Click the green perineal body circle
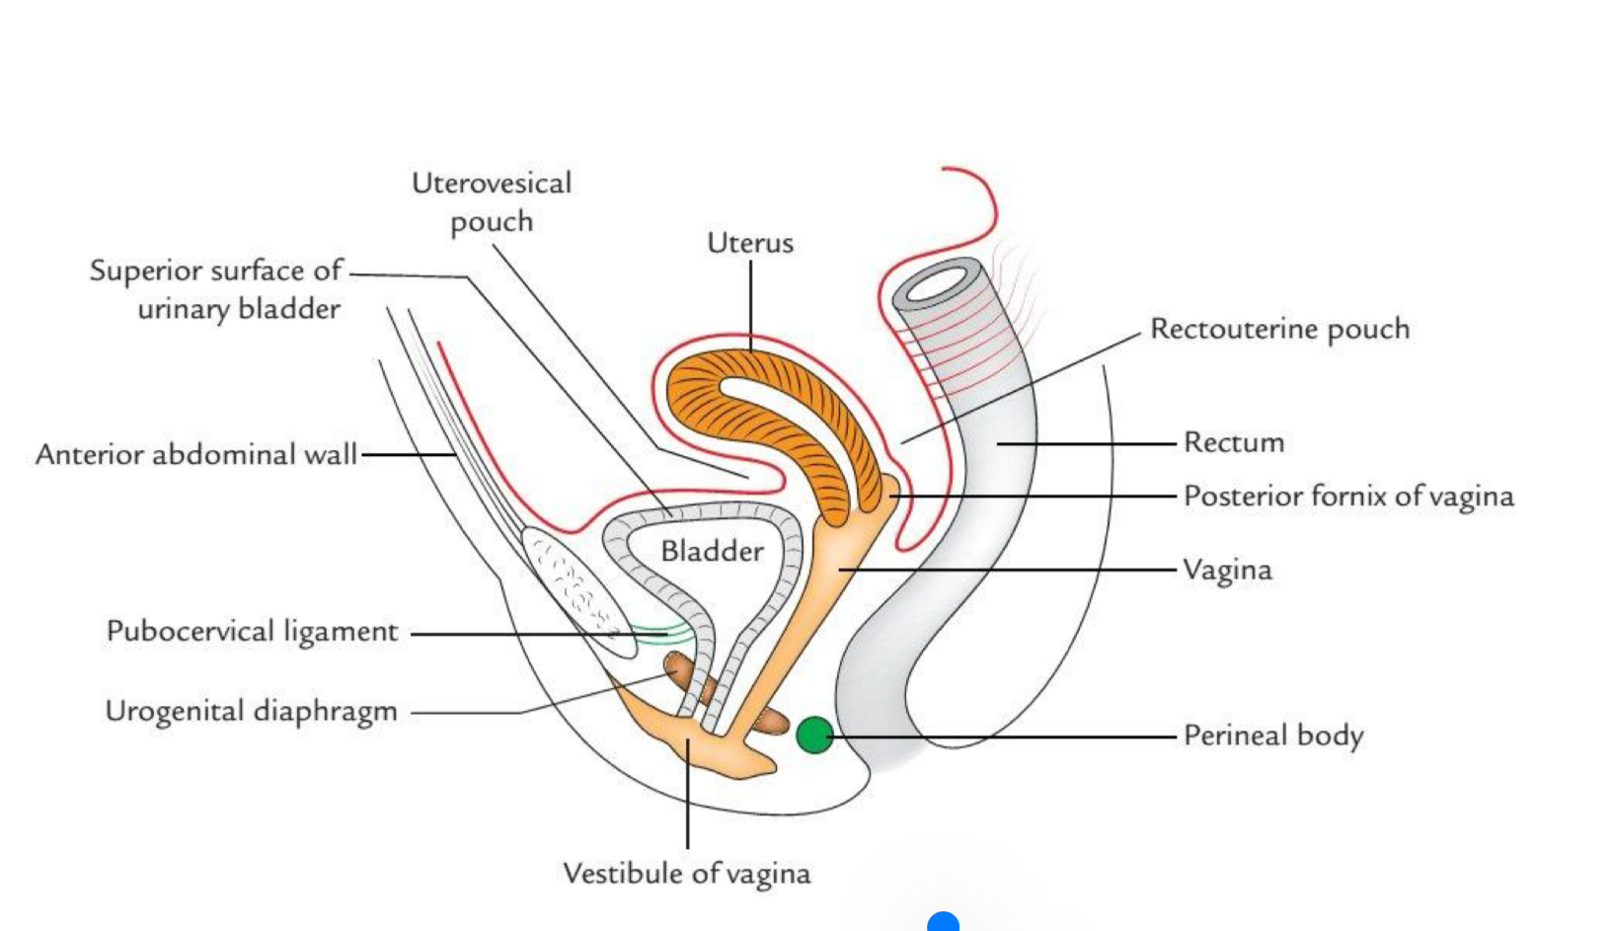tap(813, 735)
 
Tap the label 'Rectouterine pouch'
tap(1279, 329)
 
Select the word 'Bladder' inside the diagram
tap(712, 551)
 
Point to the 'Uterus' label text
tap(749, 243)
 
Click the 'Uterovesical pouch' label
tap(492, 202)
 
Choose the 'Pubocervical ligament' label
tap(252, 632)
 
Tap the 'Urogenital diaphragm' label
tap(251, 712)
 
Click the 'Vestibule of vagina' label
tap(686, 874)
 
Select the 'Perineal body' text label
tap(1272, 736)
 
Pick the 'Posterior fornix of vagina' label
tap(1347, 496)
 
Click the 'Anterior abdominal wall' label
tap(195, 454)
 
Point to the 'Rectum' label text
tap(1234, 442)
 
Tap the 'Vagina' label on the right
tap(1227, 571)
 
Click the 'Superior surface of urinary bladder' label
tap(215, 289)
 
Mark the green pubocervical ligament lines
tap(661, 633)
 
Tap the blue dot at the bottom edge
tap(944, 923)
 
